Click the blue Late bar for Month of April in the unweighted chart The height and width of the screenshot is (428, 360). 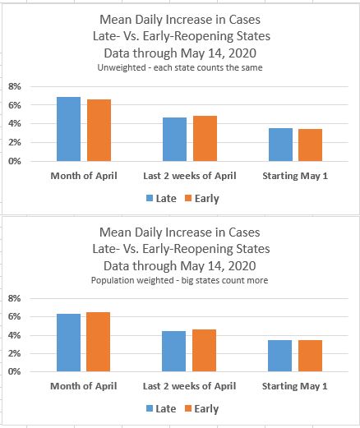pos(68,129)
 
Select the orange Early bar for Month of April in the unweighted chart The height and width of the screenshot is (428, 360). pos(99,131)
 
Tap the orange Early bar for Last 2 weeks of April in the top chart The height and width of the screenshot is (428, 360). pos(205,139)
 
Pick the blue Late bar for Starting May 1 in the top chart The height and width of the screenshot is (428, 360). pos(280,145)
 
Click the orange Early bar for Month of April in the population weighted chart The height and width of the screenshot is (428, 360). pos(98,342)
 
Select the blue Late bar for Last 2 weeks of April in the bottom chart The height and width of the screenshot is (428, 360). pos(174,352)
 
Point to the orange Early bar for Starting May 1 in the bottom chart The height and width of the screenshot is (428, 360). pos(310,356)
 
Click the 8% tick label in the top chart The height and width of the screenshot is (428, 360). pos(15,86)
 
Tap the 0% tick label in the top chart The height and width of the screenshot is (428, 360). pos(15,161)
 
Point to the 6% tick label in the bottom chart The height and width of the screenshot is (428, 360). pos(15,316)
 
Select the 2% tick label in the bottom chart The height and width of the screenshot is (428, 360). pos(15,353)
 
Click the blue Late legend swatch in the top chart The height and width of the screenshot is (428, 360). pos(150,198)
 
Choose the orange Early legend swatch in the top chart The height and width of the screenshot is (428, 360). pos(188,198)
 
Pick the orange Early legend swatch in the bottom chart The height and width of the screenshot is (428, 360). pos(188,408)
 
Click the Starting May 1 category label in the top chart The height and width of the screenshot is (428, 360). pos(295,176)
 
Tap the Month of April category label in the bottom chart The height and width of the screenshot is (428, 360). pos(84,386)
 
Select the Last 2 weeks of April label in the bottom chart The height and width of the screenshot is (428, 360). pos(189,386)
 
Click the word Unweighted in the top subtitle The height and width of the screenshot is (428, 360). pos(122,67)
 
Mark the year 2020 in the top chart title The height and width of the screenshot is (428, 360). pos(242,53)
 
